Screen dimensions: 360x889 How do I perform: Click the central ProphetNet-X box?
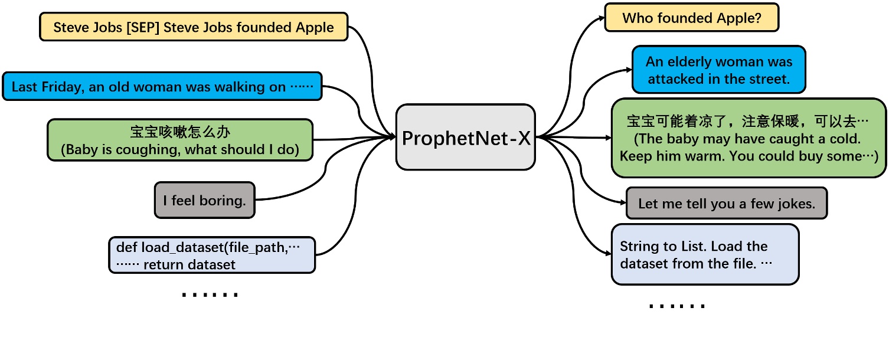tap(466, 138)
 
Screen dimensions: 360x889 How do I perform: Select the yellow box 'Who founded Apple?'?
tap(692, 18)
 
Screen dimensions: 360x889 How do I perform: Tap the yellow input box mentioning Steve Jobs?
tap(194, 27)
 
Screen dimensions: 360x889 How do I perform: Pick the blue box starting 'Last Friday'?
tap(162, 87)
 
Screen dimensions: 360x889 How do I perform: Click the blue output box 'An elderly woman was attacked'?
tap(718, 70)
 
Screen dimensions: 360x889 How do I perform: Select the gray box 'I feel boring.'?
tap(204, 201)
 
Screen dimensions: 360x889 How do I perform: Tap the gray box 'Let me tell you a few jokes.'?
tap(726, 204)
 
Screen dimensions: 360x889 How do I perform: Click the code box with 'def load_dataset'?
tap(212, 255)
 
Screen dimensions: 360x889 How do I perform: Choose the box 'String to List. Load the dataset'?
tap(705, 254)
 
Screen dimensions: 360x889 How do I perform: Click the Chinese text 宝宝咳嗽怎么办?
tap(180, 132)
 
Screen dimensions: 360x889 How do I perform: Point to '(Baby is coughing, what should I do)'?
tap(180, 150)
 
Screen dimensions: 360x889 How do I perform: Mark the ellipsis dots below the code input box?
tap(210, 294)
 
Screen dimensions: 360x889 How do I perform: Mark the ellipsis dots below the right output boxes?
tap(676, 306)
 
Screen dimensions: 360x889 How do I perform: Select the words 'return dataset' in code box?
tap(189, 264)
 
